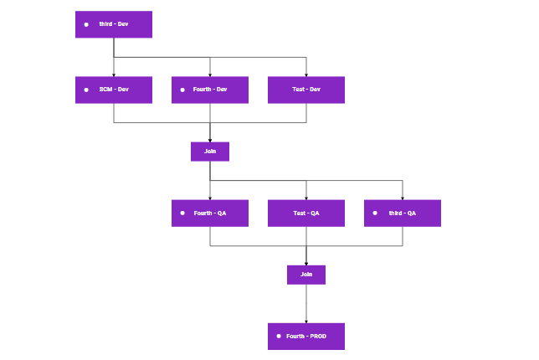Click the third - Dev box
tap(114, 24)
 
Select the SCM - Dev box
tap(114, 90)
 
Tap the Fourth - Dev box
tap(210, 90)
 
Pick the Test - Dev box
tap(306, 90)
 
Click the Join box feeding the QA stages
tap(210, 152)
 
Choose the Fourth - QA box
tap(210, 213)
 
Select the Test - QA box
tap(306, 213)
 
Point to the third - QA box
tap(403, 213)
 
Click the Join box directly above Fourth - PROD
tap(306, 275)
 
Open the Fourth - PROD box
tap(306, 337)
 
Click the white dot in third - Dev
tap(86, 24)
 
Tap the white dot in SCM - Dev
tap(86, 90)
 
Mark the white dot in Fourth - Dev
tap(182, 90)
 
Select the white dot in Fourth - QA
tap(182, 213)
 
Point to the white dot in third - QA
tap(375, 213)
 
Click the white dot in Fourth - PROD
tap(279, 337)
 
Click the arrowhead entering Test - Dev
tap(306, 75)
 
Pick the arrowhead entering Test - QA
tap(306, 198)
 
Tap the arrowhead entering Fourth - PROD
tap(306, 321)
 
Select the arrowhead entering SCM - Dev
tap(114, 75)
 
